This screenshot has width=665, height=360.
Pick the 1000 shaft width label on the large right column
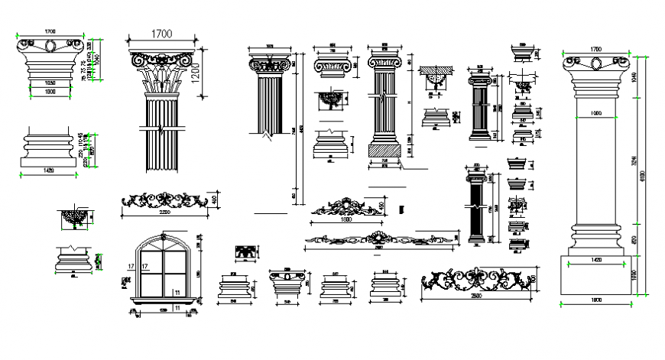pos(595,113)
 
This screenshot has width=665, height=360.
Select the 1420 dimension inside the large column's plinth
pos(595,261)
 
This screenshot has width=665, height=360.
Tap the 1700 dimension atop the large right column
pos(595,49)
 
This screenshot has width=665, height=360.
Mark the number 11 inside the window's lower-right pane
pos(177,292)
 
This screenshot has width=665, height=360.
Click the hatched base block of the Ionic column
pos(384,151)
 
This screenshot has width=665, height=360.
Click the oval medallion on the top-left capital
pos(50,47)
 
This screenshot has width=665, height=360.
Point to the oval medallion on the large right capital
pos(595,63)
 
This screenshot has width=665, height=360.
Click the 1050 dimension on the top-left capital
pos(50,82)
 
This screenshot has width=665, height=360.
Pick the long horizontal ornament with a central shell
pos(378,240)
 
